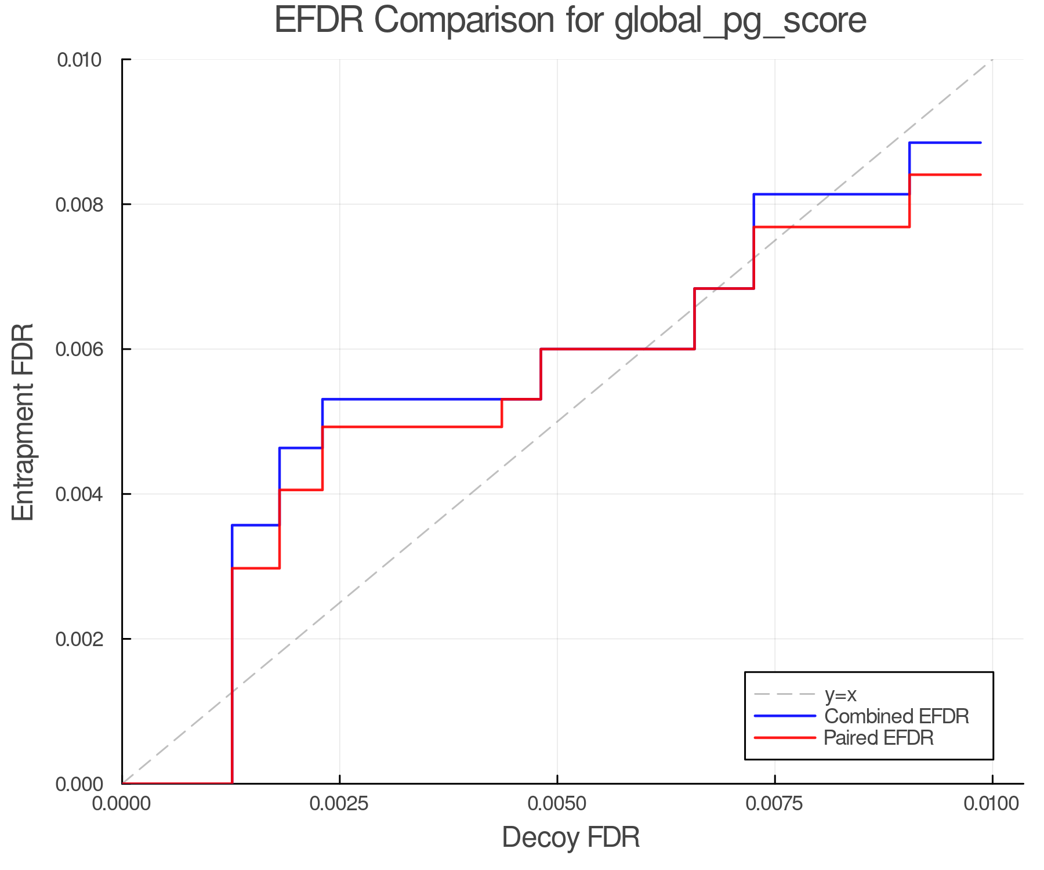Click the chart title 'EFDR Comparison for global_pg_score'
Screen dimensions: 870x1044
(570, 21)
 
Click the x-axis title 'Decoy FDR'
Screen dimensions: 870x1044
(571, 838)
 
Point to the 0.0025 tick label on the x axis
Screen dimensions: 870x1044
(339, 803)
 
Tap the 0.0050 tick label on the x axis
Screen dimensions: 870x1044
(557, 803)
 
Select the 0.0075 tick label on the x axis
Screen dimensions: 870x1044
(775, 803)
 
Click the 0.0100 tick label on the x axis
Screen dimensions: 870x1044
(992, 803)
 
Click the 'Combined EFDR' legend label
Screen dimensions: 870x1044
(896, 716)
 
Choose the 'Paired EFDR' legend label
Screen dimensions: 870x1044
(879, 738)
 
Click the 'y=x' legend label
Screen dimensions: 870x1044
(840, 694)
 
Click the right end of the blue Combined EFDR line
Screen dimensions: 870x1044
(981, 143)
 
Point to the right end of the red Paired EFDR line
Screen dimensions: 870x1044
(981, 175)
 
